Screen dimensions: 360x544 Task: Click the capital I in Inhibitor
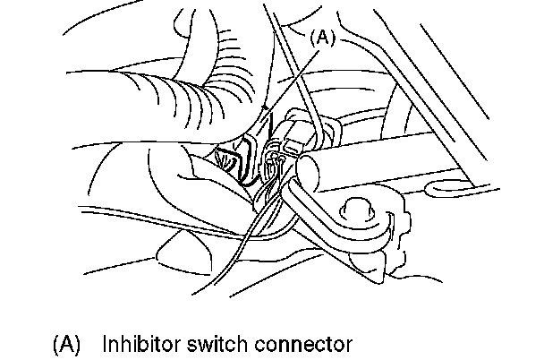(106, 343)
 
